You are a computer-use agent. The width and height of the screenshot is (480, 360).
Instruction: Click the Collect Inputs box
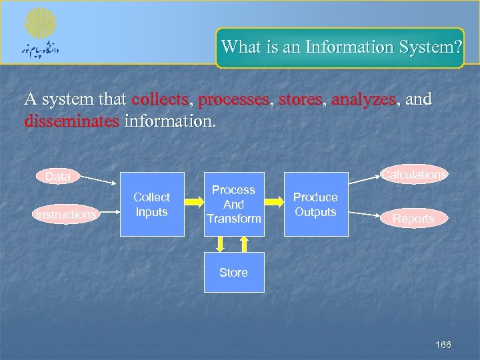click(x=152, y=205)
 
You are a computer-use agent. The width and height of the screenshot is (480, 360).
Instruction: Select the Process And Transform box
click(x=233, y=205)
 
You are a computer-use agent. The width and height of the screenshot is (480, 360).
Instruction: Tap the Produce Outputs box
click(x=316, y=205)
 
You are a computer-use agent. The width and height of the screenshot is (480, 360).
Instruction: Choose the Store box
click(x=233, y=272)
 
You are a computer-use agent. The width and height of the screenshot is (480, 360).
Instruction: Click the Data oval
click(x=58, y=177)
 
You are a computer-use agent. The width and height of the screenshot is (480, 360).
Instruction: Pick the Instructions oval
click(x=66, y=214)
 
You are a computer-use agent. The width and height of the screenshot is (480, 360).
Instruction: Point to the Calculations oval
click(x=414, y=174)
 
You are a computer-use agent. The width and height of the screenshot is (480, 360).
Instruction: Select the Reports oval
click(x=413, y=218)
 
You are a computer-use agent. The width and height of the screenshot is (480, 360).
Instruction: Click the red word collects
click(x=161, y=100)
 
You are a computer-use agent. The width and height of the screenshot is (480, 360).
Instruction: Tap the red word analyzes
click(x=363, y=100)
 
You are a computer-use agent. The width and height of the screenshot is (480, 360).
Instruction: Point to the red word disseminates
click(x=72, y=122)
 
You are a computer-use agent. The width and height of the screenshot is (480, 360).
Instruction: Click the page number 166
click(x=443, y=345)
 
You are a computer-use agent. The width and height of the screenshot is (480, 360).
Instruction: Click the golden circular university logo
click(x=41, y=23)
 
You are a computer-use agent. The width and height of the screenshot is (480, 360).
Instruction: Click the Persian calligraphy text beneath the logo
click(x=41, y=51)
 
